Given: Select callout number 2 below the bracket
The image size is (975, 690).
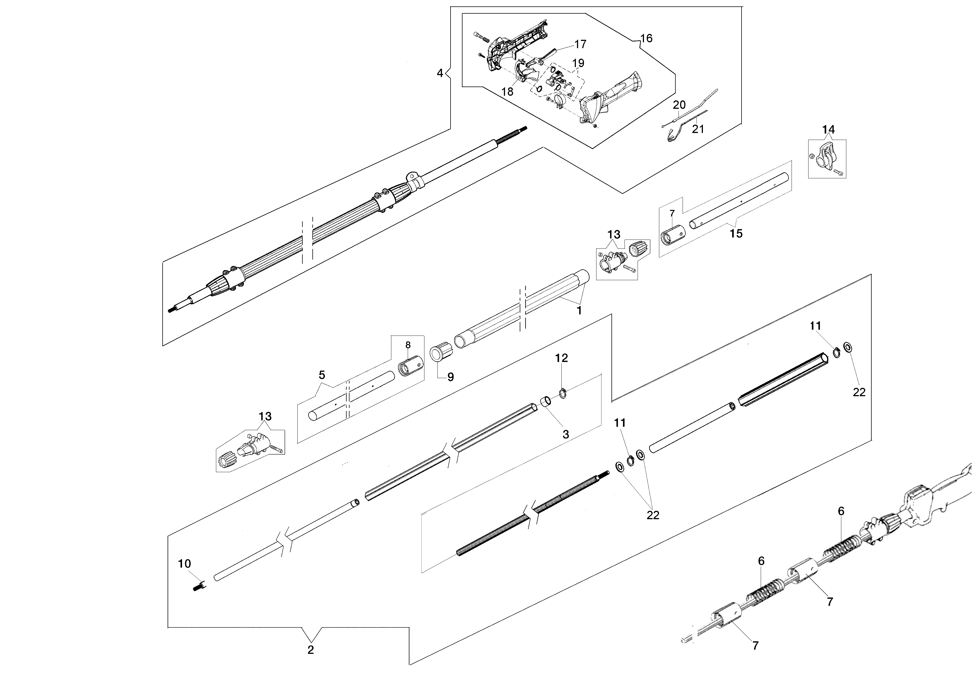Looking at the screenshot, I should [x=310, y=650].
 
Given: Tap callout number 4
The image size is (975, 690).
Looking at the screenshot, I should [x=440, y=73].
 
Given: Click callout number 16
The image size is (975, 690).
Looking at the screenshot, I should [x=646, y=38].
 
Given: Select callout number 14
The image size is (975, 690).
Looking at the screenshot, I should [x=828, y=129].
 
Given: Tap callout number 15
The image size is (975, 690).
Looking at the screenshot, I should [x=736, y=233].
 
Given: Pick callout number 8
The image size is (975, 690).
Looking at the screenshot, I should [x=408, y=344].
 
